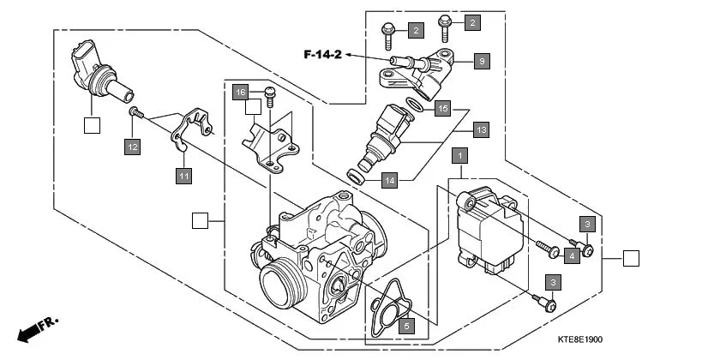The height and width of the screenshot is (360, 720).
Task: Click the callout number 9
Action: (482, 62)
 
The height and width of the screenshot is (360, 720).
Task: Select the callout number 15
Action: (442, 109)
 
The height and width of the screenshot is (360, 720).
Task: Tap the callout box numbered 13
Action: (482, 130)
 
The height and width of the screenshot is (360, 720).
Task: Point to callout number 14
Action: (388, 181)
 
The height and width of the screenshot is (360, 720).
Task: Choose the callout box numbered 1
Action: (460, 156)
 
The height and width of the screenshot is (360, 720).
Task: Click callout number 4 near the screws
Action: (572, 255)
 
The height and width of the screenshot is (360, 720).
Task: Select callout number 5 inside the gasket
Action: (407, 325)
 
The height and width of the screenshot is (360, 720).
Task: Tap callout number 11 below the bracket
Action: (183, 176)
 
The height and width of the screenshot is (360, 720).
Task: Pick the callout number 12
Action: (132, 147)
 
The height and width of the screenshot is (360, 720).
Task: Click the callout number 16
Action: (241, 92)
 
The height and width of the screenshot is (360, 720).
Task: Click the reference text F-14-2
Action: (322, 56)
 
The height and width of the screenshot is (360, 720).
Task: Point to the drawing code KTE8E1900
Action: (668, 339)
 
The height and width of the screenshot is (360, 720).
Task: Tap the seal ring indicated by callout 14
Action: (355, 177)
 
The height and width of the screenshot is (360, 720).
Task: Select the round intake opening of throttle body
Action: (280, 283)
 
